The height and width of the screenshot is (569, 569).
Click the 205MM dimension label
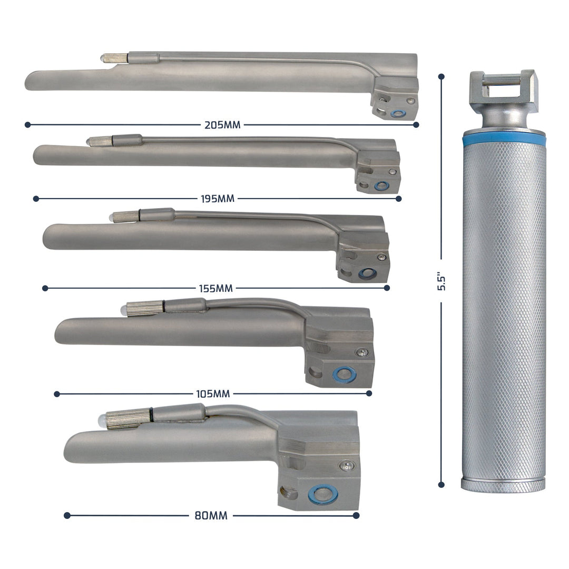coord(222,125)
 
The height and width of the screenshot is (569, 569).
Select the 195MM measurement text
coord(218,199)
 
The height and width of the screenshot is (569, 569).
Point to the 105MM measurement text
coord(213,394)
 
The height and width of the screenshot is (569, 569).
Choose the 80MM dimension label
coord(211,516)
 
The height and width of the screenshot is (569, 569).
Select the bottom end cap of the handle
coord(503,484)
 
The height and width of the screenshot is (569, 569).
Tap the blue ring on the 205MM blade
coord(398,113)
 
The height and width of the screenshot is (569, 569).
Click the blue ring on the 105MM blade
coord(344,375)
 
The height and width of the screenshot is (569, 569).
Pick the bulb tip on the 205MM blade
coord(103,57)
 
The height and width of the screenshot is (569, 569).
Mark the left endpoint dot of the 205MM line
coord(27,125)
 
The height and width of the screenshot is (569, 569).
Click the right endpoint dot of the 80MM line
coord(356,515)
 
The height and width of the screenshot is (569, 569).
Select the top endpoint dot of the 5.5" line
coord(442,77)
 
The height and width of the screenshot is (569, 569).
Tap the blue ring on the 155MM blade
coord(364,273)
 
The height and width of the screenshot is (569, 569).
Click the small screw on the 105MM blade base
coord(361,352)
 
